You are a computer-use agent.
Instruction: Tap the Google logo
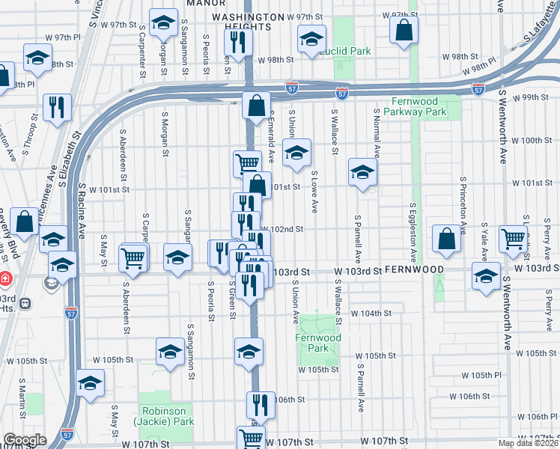pos(25,440)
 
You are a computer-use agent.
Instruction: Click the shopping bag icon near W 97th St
pos(404,31)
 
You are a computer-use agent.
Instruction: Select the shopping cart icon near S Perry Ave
pos(514,239)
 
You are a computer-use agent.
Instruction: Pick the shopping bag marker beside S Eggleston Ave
pos(446,239)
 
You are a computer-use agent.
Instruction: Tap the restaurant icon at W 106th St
pos(261,404)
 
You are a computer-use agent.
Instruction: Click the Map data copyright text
pos(529,443)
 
